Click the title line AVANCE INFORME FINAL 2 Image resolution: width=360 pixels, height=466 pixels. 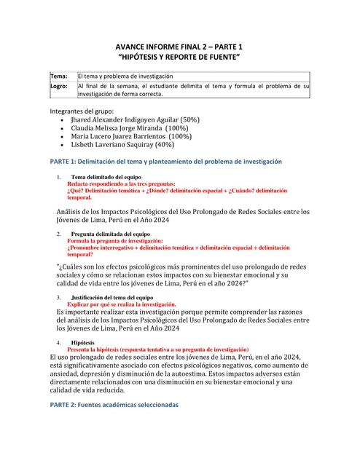click(x=179, y=43)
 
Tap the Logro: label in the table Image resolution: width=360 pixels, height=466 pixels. click(x=59, y=86)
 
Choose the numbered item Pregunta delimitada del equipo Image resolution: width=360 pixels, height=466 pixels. click(x=111, y=234)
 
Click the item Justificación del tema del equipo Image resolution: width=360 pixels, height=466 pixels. click(x=111, y=298)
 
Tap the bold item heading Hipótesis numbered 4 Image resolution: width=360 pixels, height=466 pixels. click(x=82, y=341)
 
